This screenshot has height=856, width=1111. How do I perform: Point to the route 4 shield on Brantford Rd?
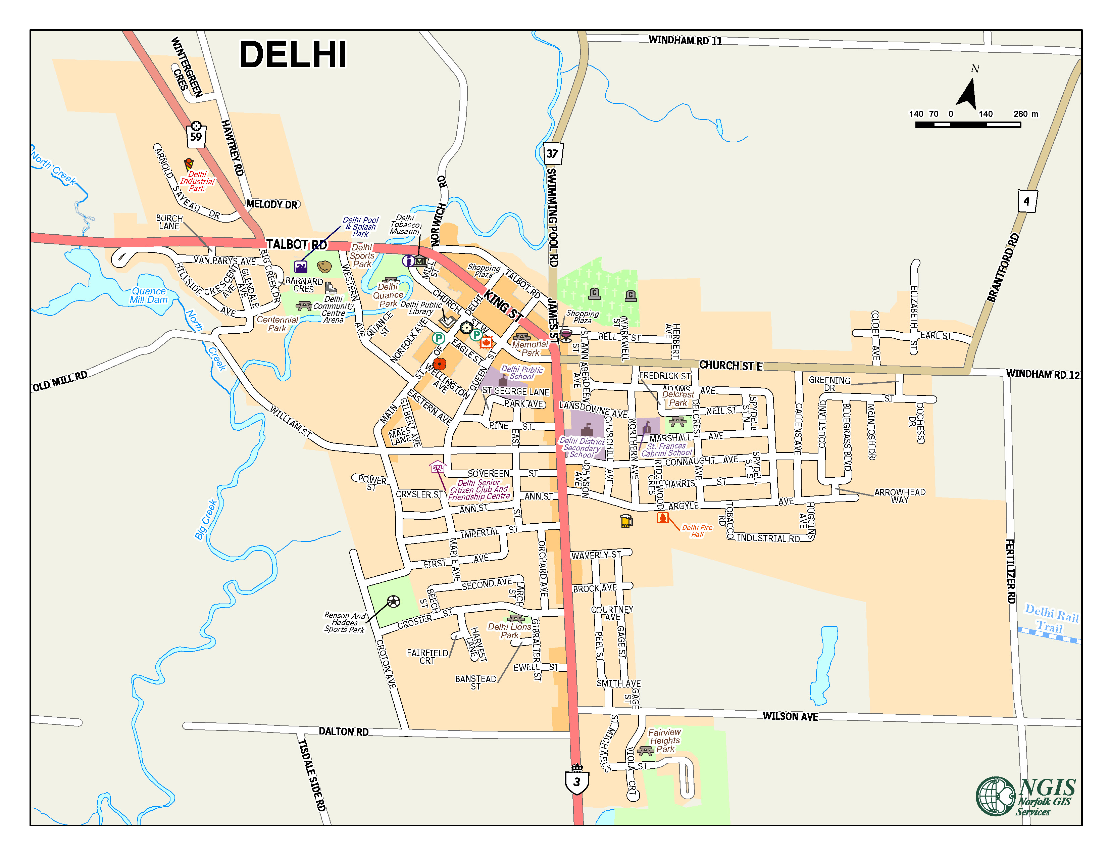[1026, 201]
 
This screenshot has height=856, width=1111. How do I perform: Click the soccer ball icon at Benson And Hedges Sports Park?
[393, 602]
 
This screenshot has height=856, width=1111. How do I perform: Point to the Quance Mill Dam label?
[149, 295]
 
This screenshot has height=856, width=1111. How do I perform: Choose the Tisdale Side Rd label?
[311, 774]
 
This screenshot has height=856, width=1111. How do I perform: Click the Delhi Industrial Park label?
[197, 181]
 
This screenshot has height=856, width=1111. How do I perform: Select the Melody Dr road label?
[272, 204]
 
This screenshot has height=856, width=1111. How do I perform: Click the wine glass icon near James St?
[566, 335]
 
